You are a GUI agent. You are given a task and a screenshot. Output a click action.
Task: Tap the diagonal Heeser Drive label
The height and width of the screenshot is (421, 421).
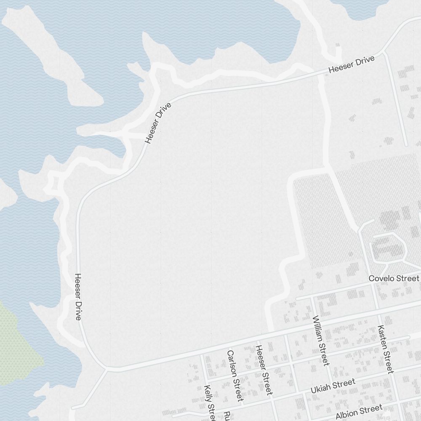(x=158, y=123)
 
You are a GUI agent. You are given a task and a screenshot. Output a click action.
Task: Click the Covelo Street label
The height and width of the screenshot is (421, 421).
(x=394, y=279)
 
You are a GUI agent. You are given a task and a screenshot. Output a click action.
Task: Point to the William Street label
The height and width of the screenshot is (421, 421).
(x=320, y=341)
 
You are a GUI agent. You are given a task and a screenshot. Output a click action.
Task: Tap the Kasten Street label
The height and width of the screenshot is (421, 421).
(x=386, y=349)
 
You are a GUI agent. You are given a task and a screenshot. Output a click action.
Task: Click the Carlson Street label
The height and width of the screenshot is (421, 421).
(x=235, y=375)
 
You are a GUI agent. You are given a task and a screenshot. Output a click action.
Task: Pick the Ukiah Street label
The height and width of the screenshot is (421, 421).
(x=333, y=386)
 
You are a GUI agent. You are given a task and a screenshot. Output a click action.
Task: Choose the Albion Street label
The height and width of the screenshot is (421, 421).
(x=359, y=411)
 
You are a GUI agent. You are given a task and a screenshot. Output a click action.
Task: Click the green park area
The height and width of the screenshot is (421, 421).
(x=17, y=341)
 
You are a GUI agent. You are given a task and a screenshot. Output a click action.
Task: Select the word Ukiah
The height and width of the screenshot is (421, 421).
(x=321, y=389)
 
